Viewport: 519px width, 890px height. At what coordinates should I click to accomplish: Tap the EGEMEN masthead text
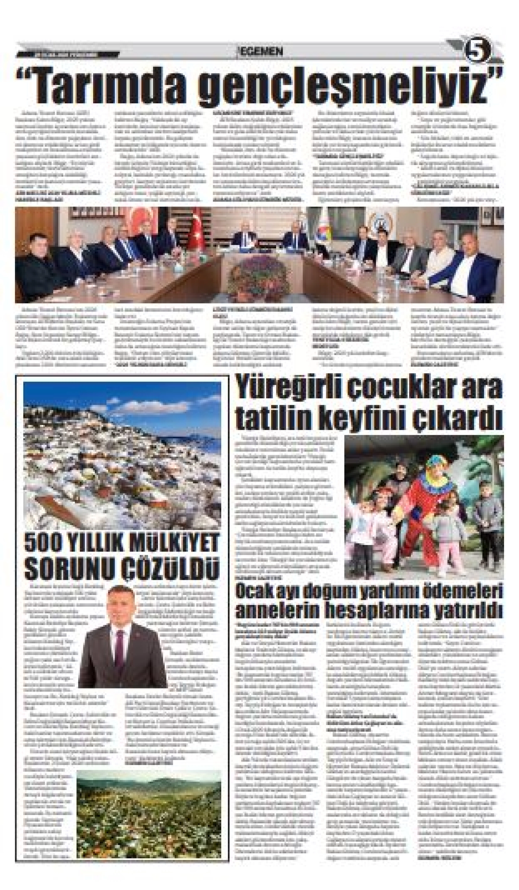tap(261, 52)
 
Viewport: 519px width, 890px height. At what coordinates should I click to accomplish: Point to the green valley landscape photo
tap(149, 828)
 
